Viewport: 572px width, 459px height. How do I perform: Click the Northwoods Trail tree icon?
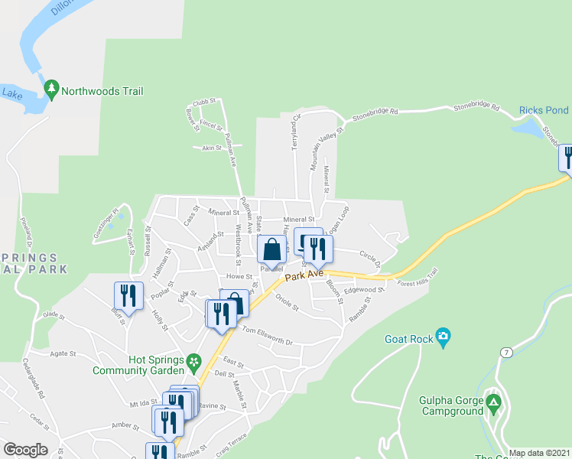pyautogui.click(x=52, y=90)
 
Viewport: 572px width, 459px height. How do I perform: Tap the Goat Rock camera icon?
pyautogui.click(x=443, y=337)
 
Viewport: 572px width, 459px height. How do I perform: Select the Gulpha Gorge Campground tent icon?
pyautogui.click(x=494, y=402)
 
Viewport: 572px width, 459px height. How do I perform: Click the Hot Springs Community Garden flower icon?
pyautogui.click(x=194, y=360)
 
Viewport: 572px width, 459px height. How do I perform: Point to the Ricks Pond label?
pyautogui.click(x=544, y=110)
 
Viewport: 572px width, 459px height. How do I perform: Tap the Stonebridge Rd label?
pyautogui.click(x=375, y=116)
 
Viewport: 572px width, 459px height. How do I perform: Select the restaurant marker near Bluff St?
pyautogui.click(x=128, y=296)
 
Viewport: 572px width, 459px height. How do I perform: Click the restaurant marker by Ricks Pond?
pyautogui.click(x=567, y=157)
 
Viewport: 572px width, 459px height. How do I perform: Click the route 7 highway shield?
pyautogui.click(x=505, y=352)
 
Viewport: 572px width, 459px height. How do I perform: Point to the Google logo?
pyautogui.click(x=25, y=450)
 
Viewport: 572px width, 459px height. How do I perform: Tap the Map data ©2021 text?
pyautogui.click(x=539, y=453)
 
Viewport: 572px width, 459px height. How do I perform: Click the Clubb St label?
pyautogui.click(x=206, y=102)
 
